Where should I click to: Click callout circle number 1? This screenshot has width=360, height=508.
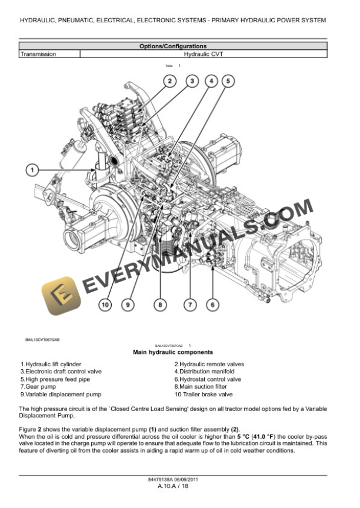point(32,171)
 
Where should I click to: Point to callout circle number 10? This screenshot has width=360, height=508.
point(105,304)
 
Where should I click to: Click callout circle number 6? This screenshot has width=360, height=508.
point(212,304)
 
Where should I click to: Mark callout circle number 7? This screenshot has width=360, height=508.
point(189,304)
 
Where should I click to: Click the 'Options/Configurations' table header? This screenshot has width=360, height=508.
point(172,46)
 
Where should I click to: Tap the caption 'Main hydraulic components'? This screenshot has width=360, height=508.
point(172,352)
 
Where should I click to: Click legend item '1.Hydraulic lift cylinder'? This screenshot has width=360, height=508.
point(51,365)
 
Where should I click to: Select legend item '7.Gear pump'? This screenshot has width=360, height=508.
point(38,387)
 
